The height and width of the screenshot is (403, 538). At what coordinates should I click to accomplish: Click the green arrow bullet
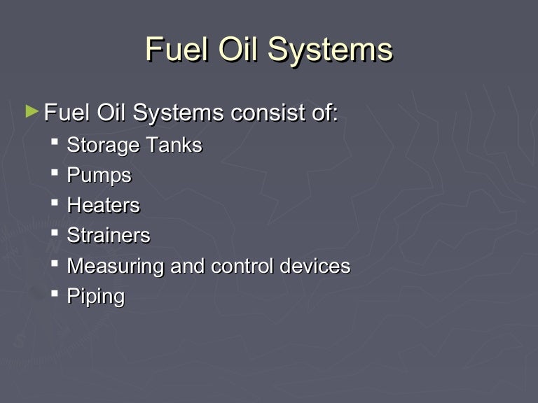[x=31, y=111]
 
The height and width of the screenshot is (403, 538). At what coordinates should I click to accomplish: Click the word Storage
[x=104, y=146]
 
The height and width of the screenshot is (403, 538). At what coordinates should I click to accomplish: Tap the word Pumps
[x=99, y=176]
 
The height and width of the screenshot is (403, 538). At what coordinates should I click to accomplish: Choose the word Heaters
[x=103, y=205]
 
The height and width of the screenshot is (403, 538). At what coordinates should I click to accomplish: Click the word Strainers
[x=108, y=235]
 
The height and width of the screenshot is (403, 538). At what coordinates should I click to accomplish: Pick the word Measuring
[x=116, y=267]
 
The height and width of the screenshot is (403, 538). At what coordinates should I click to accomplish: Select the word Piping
[x=95, y=297]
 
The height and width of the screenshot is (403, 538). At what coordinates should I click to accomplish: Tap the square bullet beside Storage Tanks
[x=55, y=143]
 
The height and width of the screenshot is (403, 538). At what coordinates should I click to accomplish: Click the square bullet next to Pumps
[x=55, y=173]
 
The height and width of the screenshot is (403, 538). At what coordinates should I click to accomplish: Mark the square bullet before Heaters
[x=55, y=203]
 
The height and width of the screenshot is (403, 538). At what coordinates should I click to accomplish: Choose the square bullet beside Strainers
[x=55, y=233]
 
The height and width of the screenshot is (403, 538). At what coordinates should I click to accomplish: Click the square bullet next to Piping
[x=55, y=293]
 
